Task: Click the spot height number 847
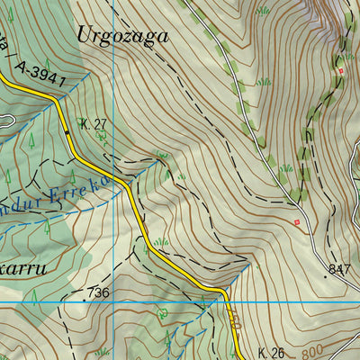(339, 269)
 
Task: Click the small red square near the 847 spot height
(296, 221)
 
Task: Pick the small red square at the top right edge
(341, 70)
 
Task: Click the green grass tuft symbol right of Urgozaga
(263, 11)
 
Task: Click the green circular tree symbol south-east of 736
(162, 314)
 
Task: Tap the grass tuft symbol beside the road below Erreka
(161, 241)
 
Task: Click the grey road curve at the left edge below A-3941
(7, 120)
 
